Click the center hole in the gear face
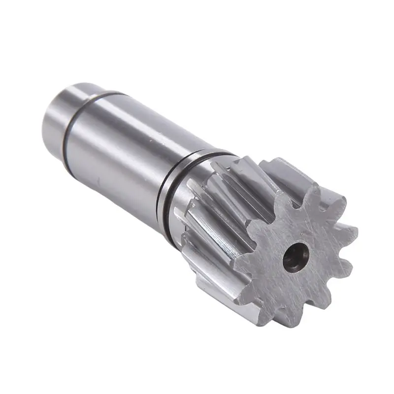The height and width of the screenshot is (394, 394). tap(296, 256)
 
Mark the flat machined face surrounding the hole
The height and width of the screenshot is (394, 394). tap(276, 276)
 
